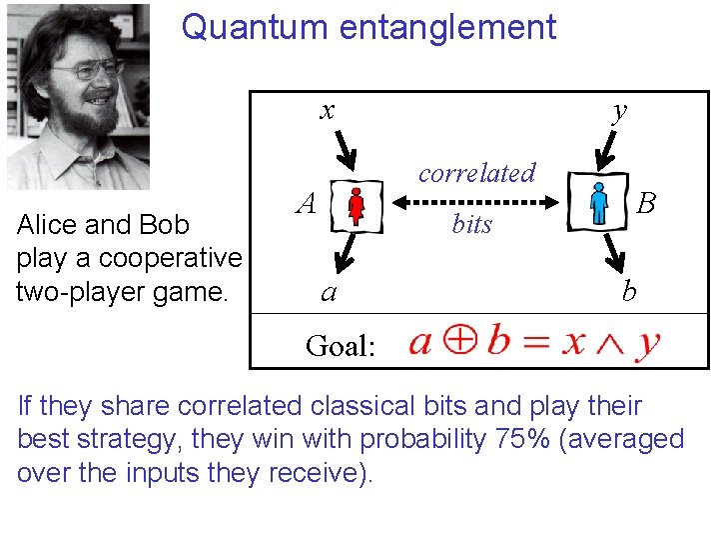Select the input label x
(327, 109)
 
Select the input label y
(620, 109)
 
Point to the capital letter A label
(308, 204)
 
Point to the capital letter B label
(646, 204)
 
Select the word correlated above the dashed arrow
(476, 172)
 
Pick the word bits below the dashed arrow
(472, 224)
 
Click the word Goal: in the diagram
(341, 346)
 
